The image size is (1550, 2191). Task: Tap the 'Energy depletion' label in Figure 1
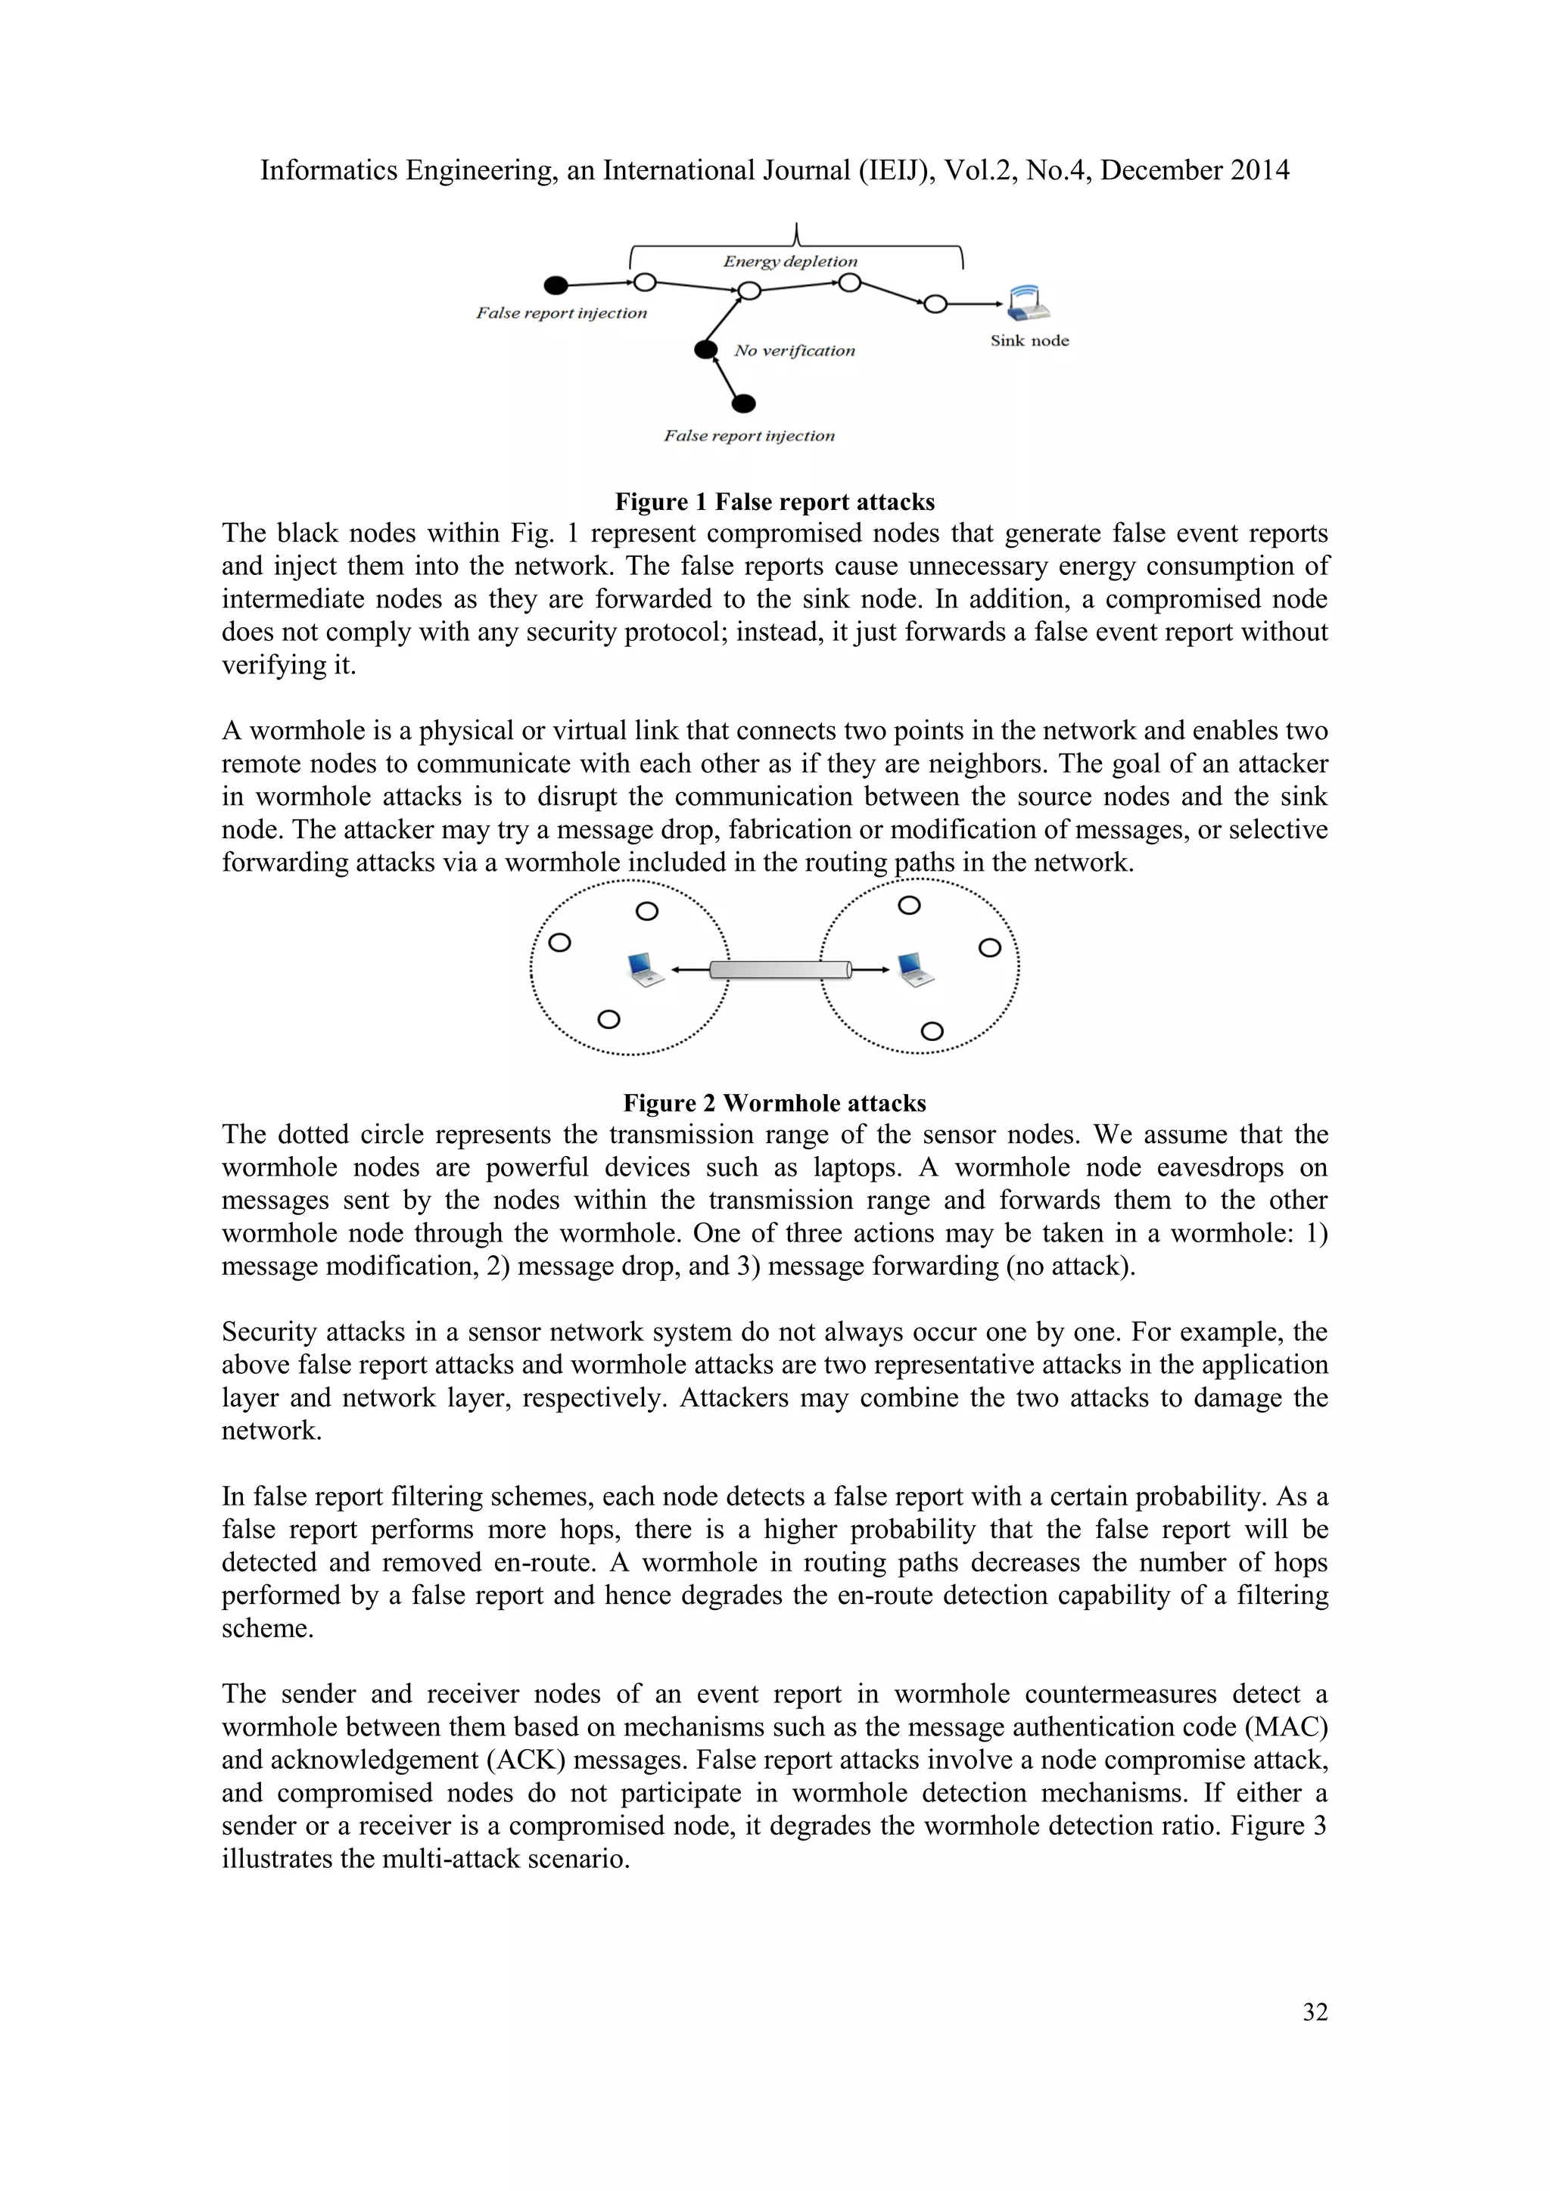789,262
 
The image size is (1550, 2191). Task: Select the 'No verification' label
794,351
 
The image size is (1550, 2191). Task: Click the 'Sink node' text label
1029,340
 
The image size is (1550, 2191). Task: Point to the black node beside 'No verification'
705,350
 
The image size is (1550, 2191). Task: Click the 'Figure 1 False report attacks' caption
774,502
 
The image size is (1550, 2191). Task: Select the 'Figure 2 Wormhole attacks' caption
774,1103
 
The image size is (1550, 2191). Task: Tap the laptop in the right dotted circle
915,970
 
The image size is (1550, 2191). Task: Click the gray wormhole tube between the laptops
780,970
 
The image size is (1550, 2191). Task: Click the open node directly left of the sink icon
935,304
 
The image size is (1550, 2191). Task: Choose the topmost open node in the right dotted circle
910,905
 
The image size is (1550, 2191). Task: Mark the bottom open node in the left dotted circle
608,1019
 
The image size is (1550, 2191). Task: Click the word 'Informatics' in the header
329,171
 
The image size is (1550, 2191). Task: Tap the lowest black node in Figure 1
743,404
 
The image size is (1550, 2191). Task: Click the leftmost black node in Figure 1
556,285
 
